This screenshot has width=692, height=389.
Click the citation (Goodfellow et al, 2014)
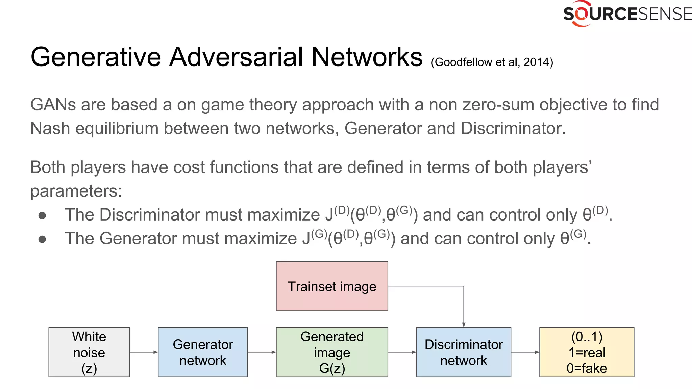(492, 62)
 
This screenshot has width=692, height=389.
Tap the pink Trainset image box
(332, 286)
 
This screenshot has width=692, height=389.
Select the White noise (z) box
(89, 352)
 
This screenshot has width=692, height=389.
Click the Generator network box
(203, 352)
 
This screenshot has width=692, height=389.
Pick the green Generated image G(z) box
(332, 352)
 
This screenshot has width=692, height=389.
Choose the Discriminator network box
(464, 352)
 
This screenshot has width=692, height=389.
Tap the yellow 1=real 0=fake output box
(587, 352)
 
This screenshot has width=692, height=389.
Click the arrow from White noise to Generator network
(144, 352)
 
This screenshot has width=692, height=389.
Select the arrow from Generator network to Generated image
(262, 352)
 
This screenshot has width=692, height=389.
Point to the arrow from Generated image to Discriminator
(402, 352)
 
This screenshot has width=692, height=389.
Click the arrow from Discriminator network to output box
(525, 352)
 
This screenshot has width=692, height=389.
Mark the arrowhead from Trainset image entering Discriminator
(464, 325)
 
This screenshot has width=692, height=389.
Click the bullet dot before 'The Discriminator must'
(42, 216)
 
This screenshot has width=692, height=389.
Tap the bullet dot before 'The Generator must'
(42, 239)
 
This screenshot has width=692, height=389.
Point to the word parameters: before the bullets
(76, 191)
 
